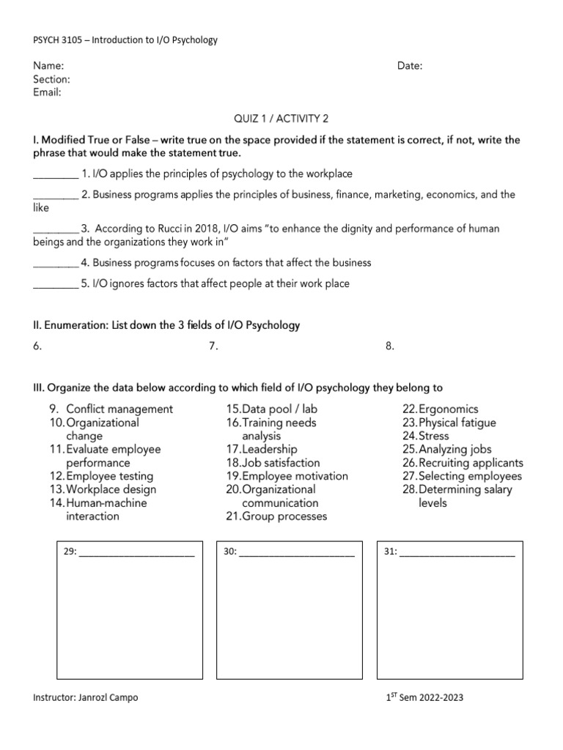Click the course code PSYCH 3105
point(61,40)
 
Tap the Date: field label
point(410,66)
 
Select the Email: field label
point(48,92)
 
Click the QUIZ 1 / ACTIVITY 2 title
point(281,119)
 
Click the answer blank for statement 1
point(56,175)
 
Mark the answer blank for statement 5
point(56,284)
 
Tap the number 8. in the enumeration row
point(390,346)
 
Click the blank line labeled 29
point(136,554)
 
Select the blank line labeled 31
point(457,554)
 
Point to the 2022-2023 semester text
point(437,698)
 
